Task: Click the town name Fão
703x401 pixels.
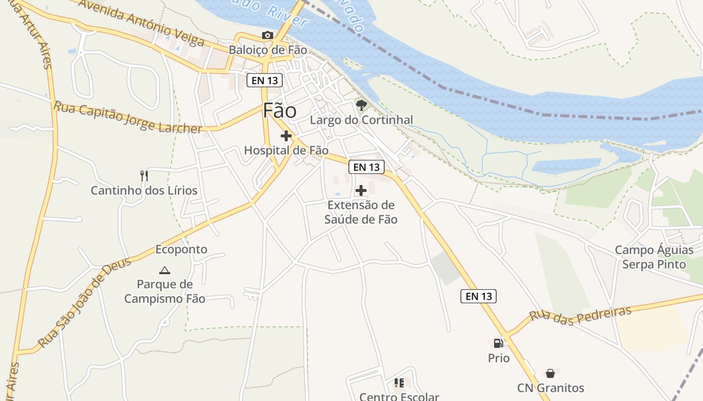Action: (x=280, y=111)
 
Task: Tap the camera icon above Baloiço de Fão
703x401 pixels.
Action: (x=268, y=35)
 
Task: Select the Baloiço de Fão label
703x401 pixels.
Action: (x=268, y=50)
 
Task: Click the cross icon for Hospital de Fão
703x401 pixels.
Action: (x=286, y=136)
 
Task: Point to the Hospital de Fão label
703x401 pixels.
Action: (x=286, y=150)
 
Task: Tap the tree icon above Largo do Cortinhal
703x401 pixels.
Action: (x=361, y=105)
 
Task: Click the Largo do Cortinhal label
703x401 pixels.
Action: (x=361, y=120)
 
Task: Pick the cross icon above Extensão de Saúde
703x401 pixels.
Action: (x=361, y=190)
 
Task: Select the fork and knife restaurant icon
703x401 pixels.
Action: (x=144, y=175)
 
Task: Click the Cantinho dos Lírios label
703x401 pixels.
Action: (x=144, y=190)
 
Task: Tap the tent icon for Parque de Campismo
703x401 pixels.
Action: (x=164, y=271)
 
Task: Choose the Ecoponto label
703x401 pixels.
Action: (x=181, y=249)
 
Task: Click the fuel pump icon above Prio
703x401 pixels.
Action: (x=499, y=343)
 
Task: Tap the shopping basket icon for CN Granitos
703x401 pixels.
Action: (x=550, y=373)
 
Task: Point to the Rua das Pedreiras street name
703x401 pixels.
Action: (x=580, y=316)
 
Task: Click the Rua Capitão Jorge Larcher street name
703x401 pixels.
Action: (x=128, y=117)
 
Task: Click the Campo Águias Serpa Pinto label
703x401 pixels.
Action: (x=654, y=257)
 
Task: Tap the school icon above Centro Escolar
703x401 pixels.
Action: (x=399, y=383)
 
